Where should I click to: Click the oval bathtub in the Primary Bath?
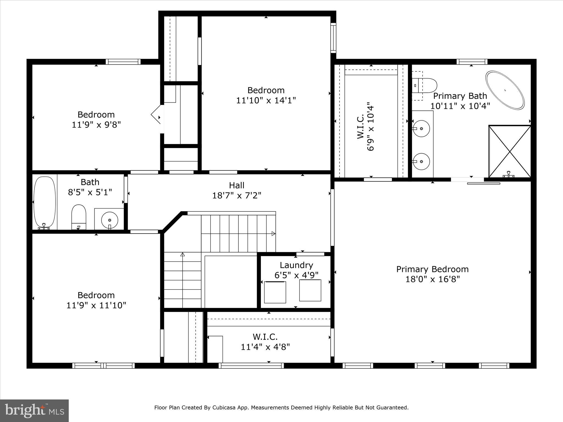pos(505,90)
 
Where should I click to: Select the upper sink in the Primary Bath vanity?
pos(421,128)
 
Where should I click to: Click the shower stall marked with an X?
pos(510,151)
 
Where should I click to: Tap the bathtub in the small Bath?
pos(44,202)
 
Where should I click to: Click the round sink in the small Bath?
pos(110,220)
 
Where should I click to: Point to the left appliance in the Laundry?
pos(275,292)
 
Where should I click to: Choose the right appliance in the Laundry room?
pos(310,290)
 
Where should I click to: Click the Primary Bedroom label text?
pos(432,269)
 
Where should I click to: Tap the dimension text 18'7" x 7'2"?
pos(236,196)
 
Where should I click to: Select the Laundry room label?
pos(296,265)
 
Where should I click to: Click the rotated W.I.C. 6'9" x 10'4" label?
pos(366,128)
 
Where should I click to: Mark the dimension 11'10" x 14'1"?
pos(266,101)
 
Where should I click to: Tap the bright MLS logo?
pos(34,411)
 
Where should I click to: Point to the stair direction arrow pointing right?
pos(273,234)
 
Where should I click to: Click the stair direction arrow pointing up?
pos(183,255)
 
